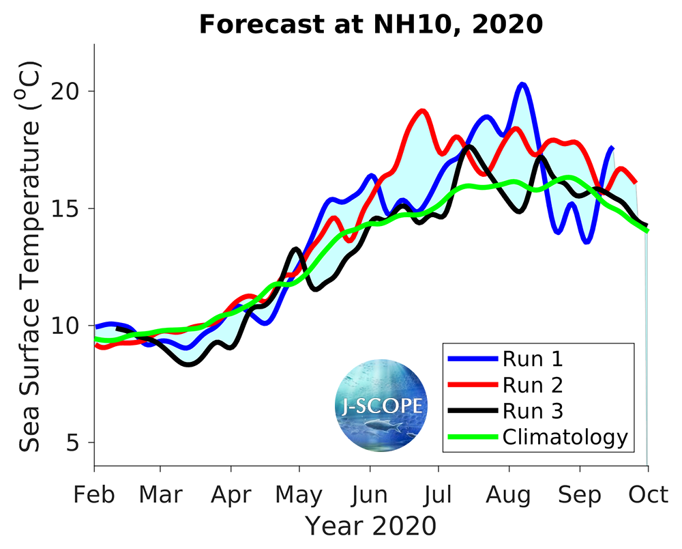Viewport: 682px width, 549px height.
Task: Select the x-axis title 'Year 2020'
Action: pyautogui.click(x=370, y=526)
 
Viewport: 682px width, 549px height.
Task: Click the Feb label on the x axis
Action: pyautogui.click(x=94, y=494)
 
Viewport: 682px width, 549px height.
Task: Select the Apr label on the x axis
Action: pyautogui.click(x=232, y=494)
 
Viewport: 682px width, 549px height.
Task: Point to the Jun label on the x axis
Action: pyautogui.click(x=370, y=494)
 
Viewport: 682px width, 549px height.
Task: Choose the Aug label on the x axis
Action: pyautogui.click(x=509, y=494)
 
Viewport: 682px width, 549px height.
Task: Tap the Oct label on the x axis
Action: pyautogui.click(x=647, y=494)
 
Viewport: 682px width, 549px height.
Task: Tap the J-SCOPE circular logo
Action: pyautogui.click(x=381, y=406)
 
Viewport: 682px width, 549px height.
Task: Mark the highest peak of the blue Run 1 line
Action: pyautogui.click(x=522, y=85)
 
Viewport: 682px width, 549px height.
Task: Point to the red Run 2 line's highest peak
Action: pyautogui.click(x=423, y=111)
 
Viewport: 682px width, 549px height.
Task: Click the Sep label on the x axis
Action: pyautogui.click(x=580, y=494)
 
